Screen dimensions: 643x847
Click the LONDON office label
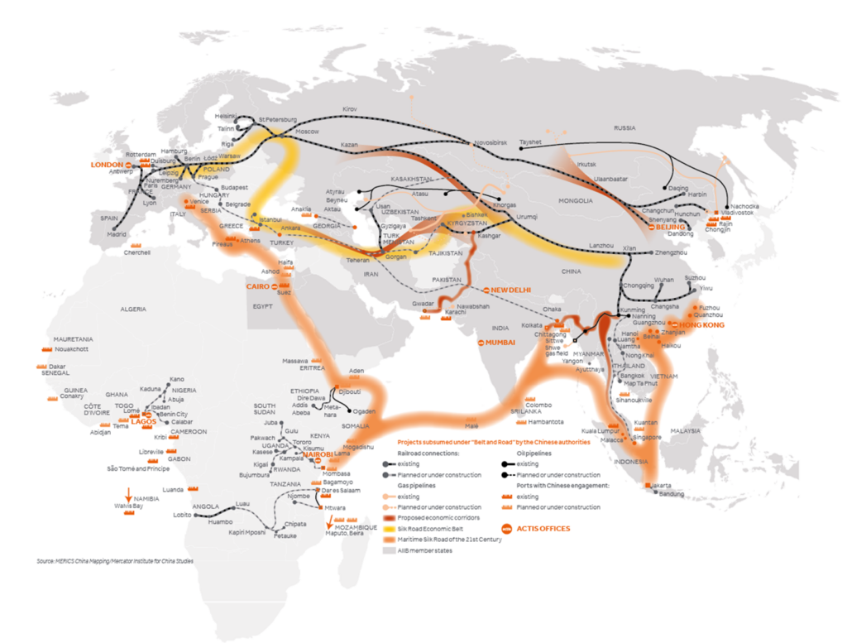pos(106,165)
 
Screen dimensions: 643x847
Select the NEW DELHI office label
pos(510,290)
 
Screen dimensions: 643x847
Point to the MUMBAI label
pos(501,342)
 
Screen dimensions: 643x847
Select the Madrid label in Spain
pos(117,234)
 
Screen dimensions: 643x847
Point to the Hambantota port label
pos(546,421)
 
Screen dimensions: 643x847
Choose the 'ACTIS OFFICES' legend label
pos(543,528)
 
